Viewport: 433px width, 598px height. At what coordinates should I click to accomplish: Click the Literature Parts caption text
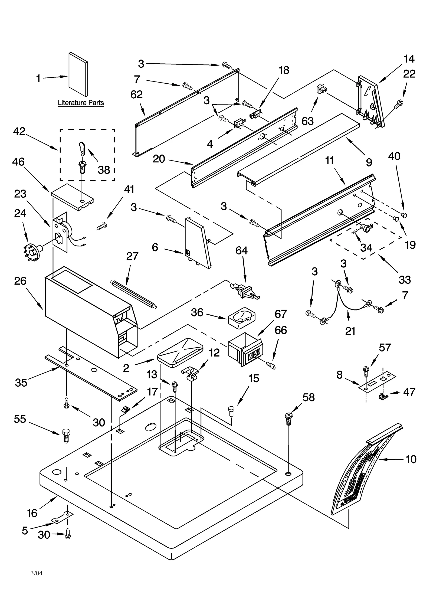pyautogui.click(x=81, y=103)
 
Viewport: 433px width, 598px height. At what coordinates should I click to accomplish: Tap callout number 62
pyautogui.click(x=136, y=94)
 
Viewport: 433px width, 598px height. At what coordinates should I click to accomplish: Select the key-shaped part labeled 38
pyautogui.click(x=82, y=149)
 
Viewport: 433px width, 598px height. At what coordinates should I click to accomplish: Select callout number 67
pyautogui.click(x=280, y=314)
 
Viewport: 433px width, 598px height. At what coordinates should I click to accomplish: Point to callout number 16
pyautogui.click(x=32, y=512)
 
